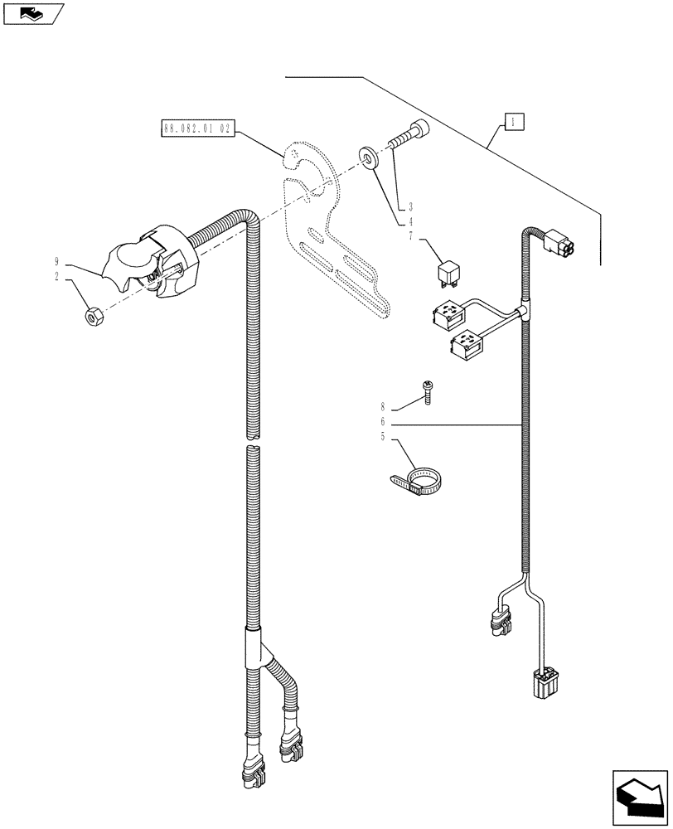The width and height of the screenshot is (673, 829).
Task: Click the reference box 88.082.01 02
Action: pyautogui.click(x=196, y=129)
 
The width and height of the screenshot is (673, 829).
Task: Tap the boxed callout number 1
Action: pyautogui.click(x=514, y=123)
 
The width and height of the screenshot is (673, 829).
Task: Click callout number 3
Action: pyautogui.click(x=410, y=206)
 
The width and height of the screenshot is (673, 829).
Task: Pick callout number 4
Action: pyautogui.click(x=410, y=221)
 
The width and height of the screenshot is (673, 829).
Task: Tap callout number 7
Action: pyautogui.click(x=410, y=236)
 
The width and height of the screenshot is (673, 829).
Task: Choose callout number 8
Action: pyautogui.click(x=383, y=407)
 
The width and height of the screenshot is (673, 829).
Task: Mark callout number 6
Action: pyautogui.click(x=383, y=421)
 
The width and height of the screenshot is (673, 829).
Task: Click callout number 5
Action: pyautogui.click(x=383, y=435)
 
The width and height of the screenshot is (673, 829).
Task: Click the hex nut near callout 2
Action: pyautogui.click(x=94, y=315)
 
